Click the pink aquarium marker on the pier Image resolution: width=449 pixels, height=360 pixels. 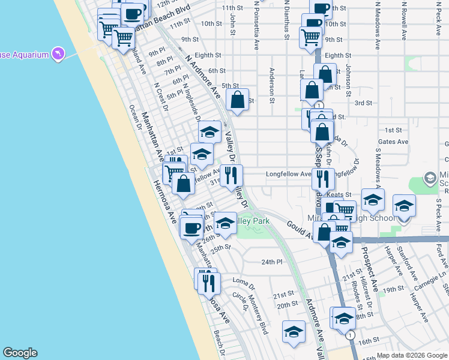coord(58,55)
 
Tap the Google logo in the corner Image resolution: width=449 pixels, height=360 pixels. coord(20,353)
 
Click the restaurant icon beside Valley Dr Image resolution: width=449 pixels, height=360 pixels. coord(231,176)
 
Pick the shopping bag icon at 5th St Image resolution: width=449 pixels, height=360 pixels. coord(238,100)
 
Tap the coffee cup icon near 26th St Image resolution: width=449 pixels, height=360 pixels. coord(192,227)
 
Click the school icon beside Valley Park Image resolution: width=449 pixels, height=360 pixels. coord(225,224)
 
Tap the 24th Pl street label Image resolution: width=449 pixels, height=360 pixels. coord(271,262)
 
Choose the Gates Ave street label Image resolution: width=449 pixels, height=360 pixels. coord(397,142)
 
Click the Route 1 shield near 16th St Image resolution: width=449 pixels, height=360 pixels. coord(350,334)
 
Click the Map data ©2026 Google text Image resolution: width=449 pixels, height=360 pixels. coord(412,355)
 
